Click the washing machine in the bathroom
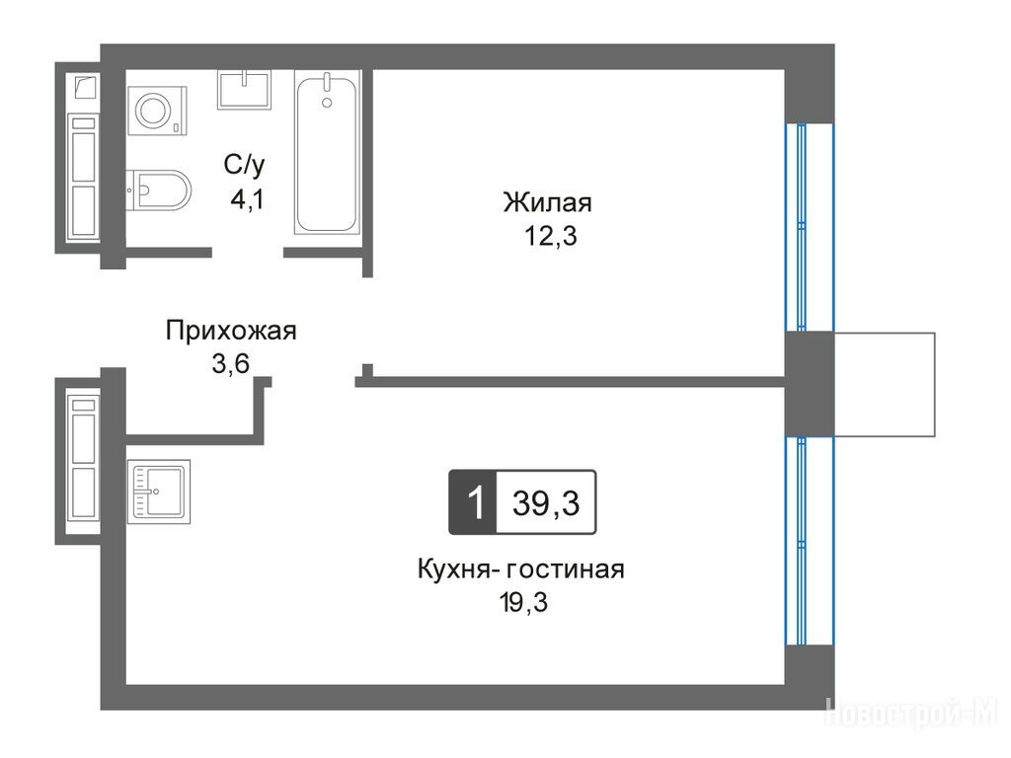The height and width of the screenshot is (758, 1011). [x=157, y=111]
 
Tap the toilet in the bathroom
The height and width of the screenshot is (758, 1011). [x=159, y=190]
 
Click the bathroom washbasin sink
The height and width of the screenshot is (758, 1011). [x=244, y=90]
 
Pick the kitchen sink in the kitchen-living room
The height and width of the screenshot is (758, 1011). [x=159, y=492]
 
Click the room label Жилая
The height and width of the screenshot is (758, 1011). [x=547, y=202]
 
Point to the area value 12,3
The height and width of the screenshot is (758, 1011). [x=551, y=237]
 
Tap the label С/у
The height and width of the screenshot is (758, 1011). [x=245, y=165]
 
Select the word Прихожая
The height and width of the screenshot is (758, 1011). [x=231, y=331]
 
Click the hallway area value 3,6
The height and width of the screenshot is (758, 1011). [x=231, y=364]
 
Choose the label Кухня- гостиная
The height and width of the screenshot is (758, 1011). [x=521, y=569]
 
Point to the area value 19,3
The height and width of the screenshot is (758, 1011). [x=523, y=603]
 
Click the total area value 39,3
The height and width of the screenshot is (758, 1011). [x=546, y=502]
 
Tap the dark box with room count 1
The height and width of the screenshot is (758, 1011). [x=473, y=502]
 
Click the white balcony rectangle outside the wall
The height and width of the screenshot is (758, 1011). [x=885, y=384]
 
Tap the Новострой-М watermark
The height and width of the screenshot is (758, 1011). [x=911, y=713]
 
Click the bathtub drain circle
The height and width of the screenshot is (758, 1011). [x=327, y=103]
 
